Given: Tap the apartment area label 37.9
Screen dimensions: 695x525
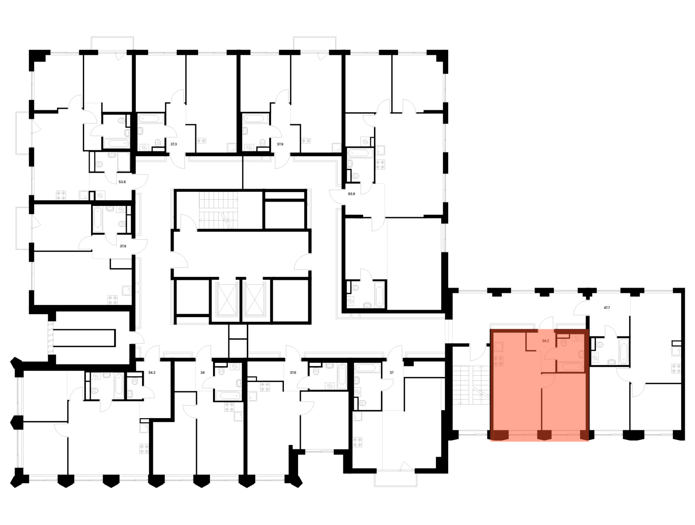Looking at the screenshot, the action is pos(280,144).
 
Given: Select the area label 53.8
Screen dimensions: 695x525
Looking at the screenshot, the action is pos(122,182).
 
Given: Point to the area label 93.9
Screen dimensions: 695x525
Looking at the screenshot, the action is pos(352,194).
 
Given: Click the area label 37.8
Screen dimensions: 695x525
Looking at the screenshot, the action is pos(123,246).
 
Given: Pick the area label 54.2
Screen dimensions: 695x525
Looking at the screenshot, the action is pos(152,373).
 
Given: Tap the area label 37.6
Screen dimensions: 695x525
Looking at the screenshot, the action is pos(293,373).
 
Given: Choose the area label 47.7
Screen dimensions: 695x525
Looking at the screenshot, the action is pos(607,308).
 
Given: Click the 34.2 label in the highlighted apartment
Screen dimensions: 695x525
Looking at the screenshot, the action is pos(546,341).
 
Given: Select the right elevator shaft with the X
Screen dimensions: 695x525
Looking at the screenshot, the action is pos(254,300).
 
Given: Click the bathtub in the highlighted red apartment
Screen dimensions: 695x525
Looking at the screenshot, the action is pos(570,367).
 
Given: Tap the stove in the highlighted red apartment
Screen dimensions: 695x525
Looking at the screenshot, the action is pos(498,361).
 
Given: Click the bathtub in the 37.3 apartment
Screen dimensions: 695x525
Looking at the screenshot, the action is pos(151,119).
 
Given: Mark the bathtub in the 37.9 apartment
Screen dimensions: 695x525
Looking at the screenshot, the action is pos(256,119).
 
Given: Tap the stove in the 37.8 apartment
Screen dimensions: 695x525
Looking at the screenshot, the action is pos(113,300).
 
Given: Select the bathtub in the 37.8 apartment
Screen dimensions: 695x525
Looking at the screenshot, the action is pos(98,219).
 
